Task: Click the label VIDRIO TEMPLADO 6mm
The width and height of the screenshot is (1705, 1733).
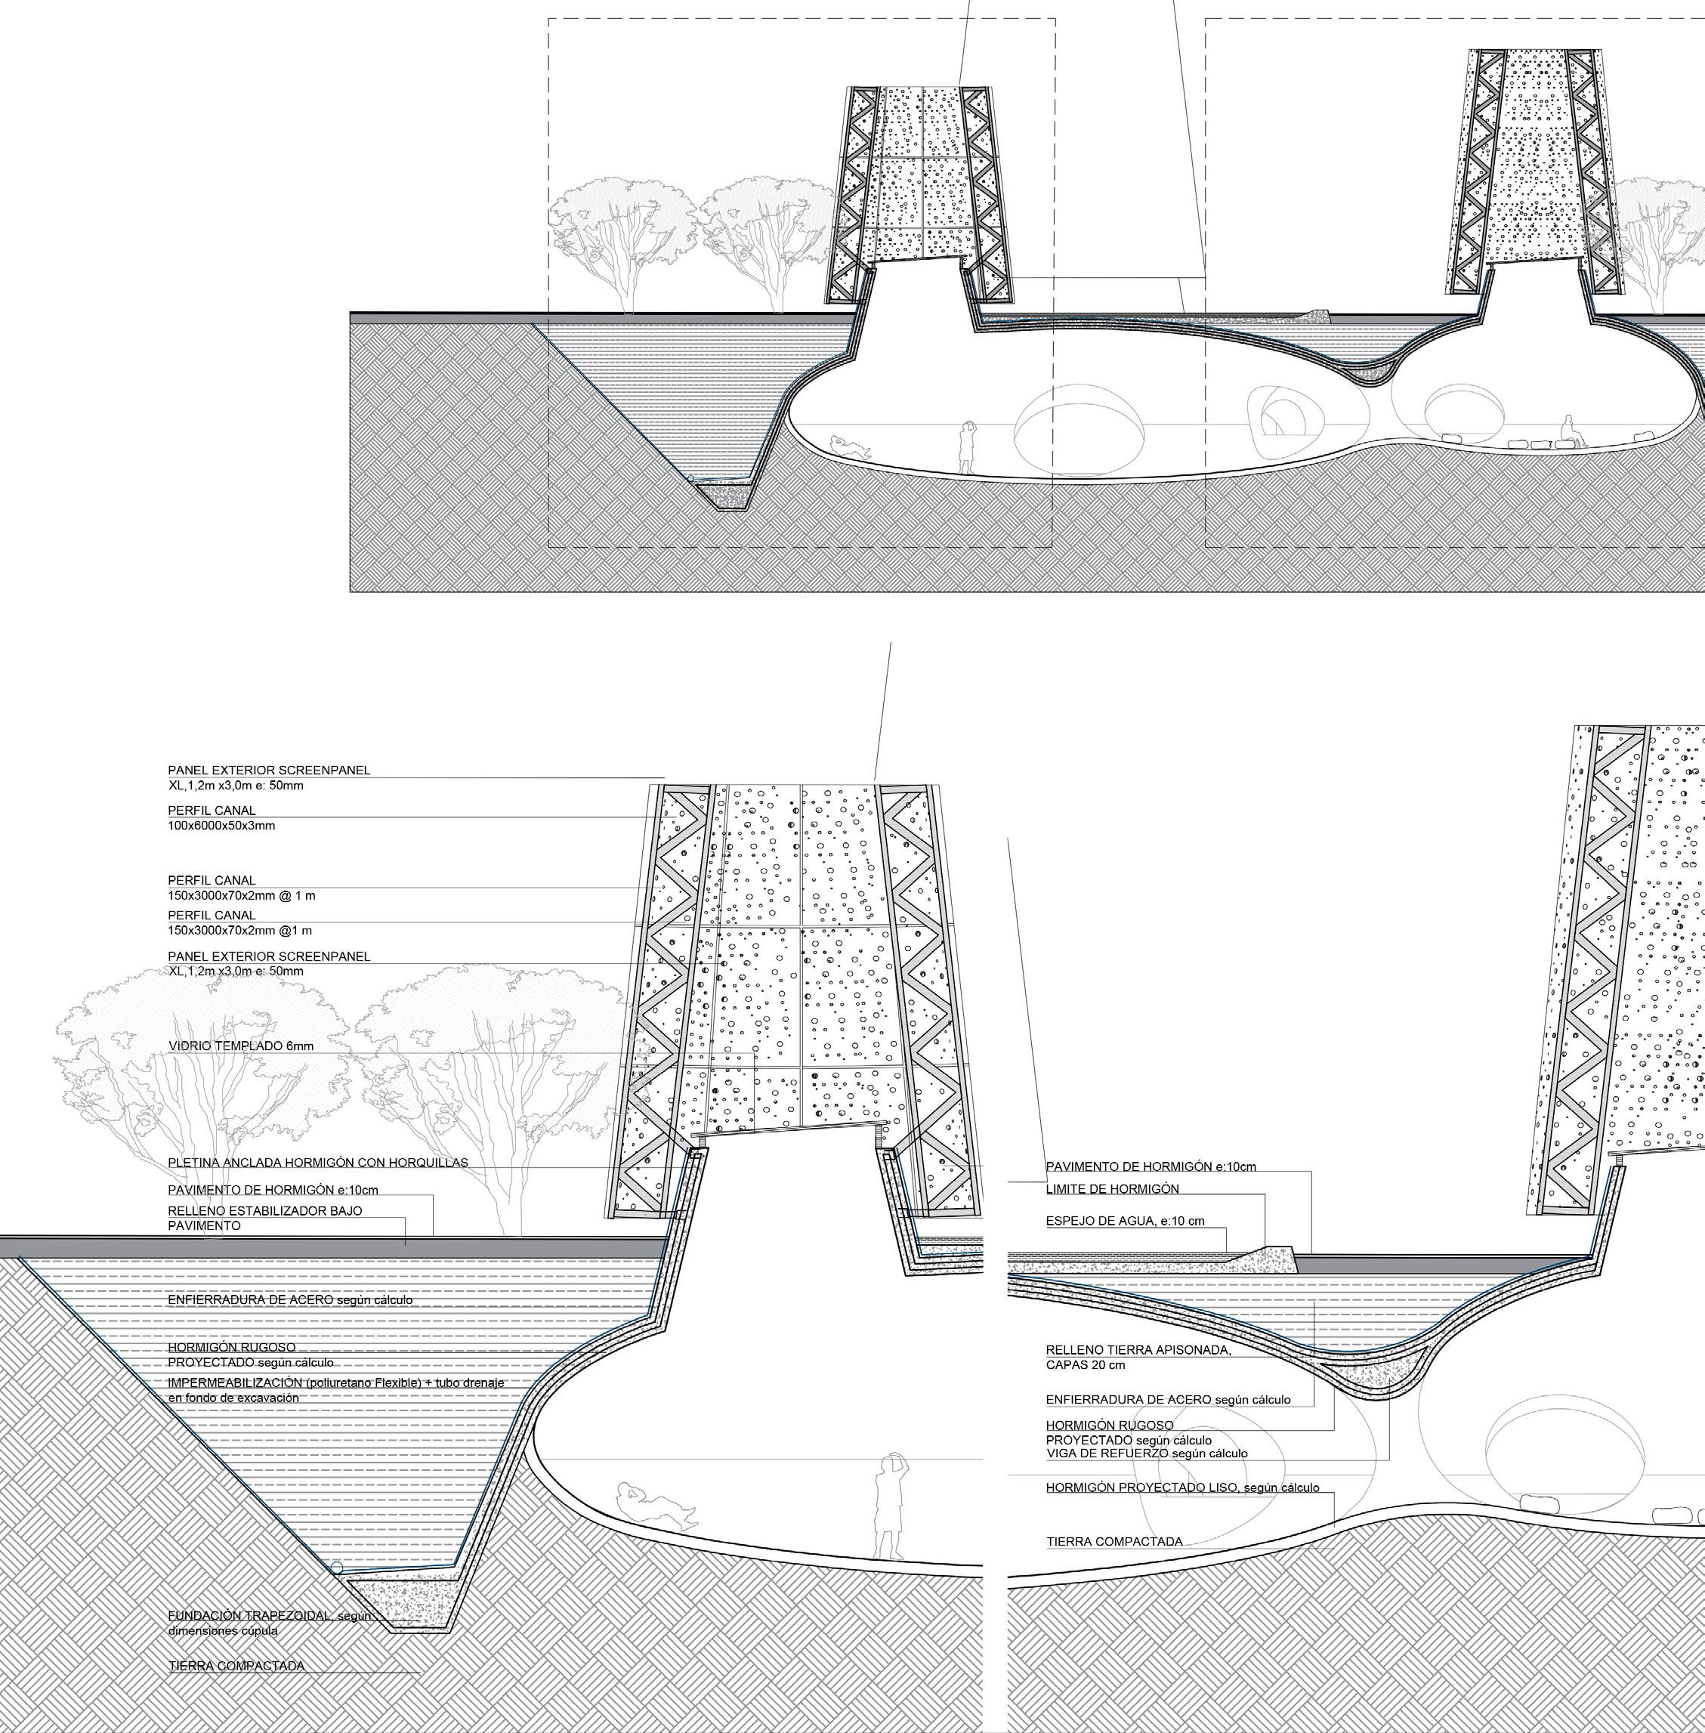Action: (241, 1046)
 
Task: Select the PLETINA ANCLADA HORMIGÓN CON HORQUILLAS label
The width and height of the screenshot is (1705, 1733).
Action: (318, 1163)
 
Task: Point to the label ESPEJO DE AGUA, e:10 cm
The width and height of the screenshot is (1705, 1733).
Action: (1125, 1221)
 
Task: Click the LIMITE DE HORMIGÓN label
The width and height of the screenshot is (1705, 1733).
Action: (1112, 1188)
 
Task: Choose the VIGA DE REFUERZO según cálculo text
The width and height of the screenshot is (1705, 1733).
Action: (1146, 1453)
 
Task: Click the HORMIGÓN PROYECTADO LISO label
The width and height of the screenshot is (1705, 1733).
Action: (1182, 1487)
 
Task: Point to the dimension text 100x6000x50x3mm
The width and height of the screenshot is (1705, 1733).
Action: (221, 826)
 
